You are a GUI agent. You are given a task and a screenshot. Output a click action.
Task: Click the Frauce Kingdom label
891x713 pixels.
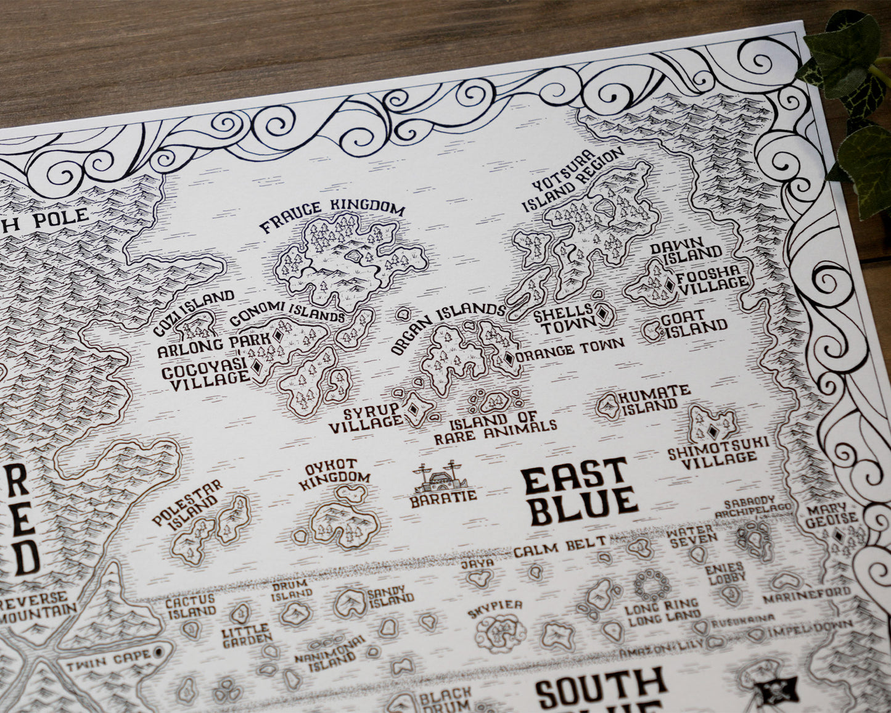332,216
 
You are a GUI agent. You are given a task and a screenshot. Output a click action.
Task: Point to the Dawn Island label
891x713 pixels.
686,249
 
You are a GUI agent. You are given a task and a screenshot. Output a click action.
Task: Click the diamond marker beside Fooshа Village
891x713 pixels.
669,285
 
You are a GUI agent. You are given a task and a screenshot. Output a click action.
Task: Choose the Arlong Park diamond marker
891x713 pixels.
278,336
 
